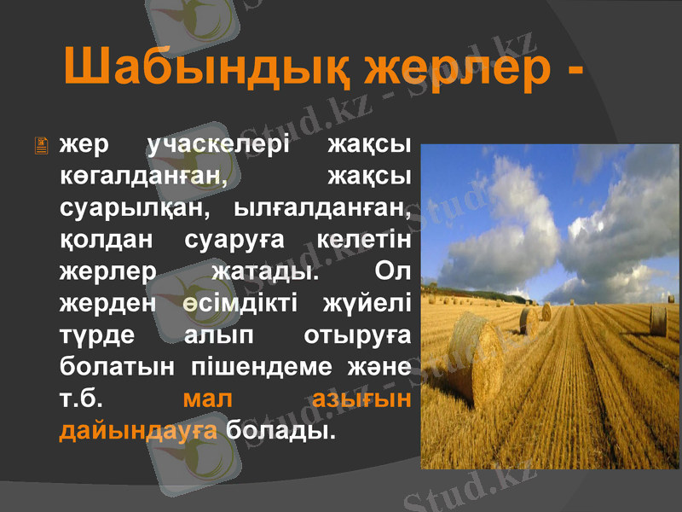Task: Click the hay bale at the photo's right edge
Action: click(x=657, y=319)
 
